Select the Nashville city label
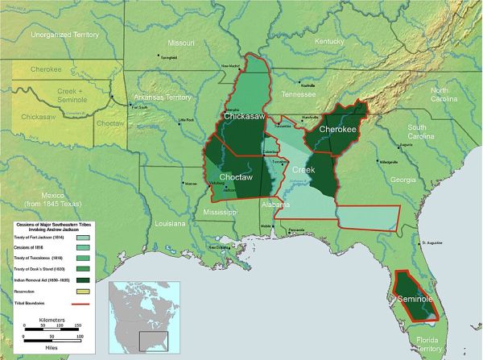(308, 85)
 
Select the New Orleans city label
(218, 247)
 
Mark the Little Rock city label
(186, 120)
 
